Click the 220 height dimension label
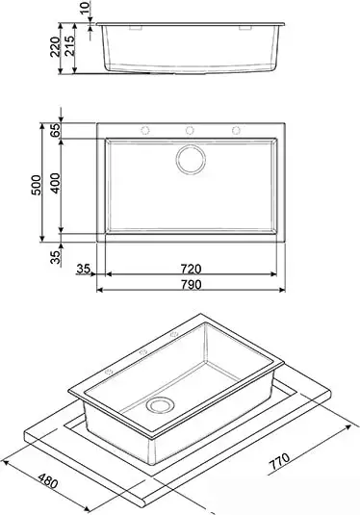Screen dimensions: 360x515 55,46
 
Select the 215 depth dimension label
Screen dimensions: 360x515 69,45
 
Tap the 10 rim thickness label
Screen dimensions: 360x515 85,8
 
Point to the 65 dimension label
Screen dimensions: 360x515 55,130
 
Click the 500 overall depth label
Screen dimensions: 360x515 37,185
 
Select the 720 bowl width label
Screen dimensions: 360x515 191,269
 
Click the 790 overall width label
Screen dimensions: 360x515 191,284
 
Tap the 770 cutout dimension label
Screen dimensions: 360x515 279,461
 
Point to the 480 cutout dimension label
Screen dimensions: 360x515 47,481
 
